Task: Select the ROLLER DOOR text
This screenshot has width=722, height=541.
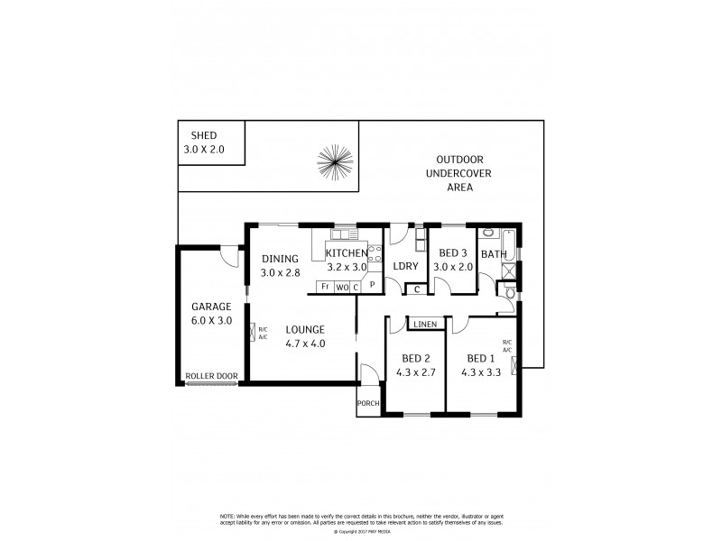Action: [x=210, y=376]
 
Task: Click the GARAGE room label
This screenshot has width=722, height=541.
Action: [x=209, y=306]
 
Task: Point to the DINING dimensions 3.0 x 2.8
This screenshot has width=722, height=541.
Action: [x=280, y=272]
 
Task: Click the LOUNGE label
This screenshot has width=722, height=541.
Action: [x=305, y=330]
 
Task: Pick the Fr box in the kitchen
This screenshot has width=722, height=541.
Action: [x=324, y=288]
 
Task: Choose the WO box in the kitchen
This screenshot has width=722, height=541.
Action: [x=341, y=288]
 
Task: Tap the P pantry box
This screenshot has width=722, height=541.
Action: [x=371, y=284]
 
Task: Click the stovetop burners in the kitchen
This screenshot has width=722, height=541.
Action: [x=375, y=253]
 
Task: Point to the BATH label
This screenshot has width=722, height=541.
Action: [x=494, y=254]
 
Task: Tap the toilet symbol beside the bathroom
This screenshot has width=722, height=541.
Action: [x=510, y=292]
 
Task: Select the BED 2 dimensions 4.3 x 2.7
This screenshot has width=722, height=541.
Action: [x=417, y=371]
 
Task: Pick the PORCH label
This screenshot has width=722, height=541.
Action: [x=367, y=403]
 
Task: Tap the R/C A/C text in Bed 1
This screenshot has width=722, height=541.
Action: [x=506, y=346]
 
